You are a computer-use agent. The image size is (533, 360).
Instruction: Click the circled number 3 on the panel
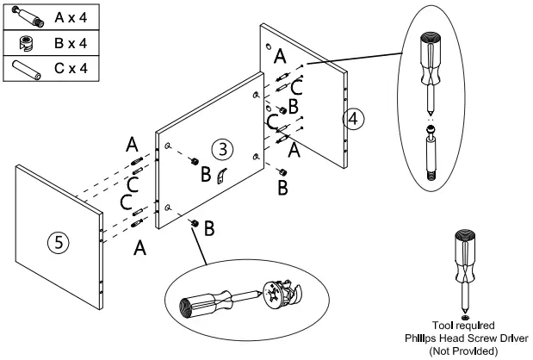point(222,149)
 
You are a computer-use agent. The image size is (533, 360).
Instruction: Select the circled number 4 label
point(348,119)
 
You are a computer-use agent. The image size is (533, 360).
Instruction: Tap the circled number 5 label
point(58,243)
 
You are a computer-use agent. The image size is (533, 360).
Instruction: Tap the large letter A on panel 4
point(279,59)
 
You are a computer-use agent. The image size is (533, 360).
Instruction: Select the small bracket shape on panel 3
point(220,177)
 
